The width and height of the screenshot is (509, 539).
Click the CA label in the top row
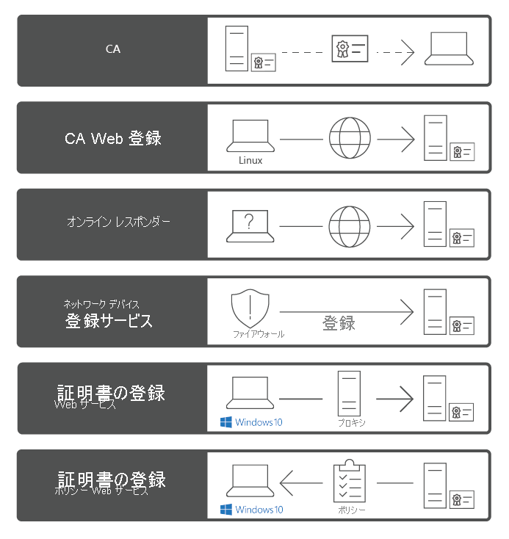pyautogui.click(x=112, y=50)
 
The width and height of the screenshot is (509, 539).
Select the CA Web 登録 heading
pyautogui.click(x=112, y=137)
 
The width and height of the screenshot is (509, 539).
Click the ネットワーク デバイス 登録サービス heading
pyautogui.click(x=109, y=314)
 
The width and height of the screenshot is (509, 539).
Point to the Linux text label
pyautogui.click(x=250, y=159)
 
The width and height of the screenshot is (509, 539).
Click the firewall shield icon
pyautogui.click(x=250, y=308)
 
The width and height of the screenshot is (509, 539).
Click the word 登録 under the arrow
pyautogui.click(x=339, y=323)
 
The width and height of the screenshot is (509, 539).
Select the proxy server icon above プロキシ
pyautogui.click(x=348, y=394)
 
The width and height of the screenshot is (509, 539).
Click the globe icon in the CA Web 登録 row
pyautogui.click(x=350, y=139)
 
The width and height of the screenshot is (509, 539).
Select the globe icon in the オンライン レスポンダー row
pyautogui.click(x=350, y=225)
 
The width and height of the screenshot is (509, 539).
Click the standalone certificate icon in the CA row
pyautogui.click(x=350, y=50)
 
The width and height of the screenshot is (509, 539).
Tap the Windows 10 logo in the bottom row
pyautogui.click(x=226, y=510)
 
